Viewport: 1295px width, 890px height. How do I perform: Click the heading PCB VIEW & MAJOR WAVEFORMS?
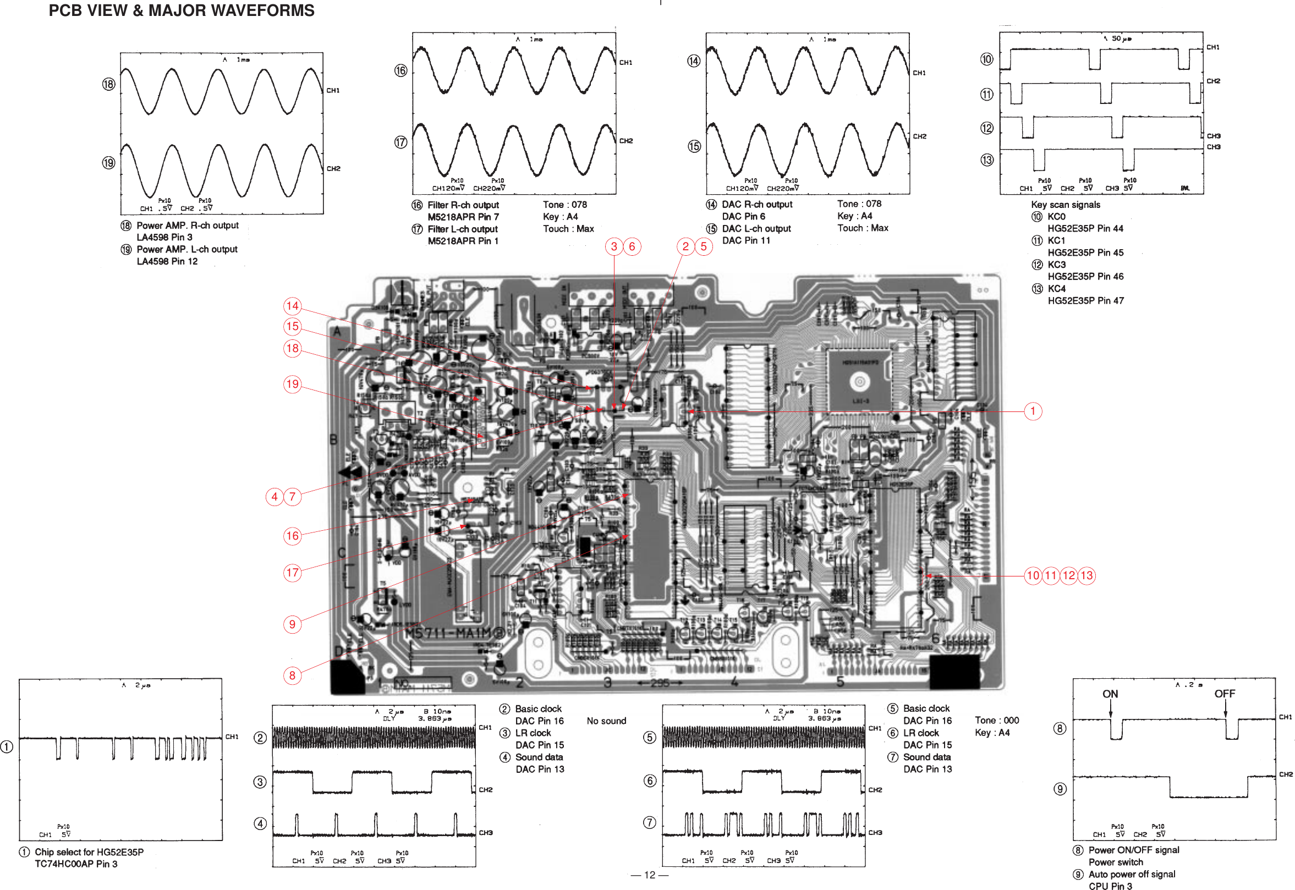(x=181, y=10)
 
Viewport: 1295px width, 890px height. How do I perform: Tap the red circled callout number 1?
(x=1033, y=411)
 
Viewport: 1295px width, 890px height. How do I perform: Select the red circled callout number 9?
(x=292, y=624)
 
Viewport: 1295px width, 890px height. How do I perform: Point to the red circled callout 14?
(x=292, y=306)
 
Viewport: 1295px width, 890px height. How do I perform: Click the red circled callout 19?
(x=292, y=384)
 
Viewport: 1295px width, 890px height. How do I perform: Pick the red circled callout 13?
(x=1086, y=575)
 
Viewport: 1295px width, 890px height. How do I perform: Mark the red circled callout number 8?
(x=292, y=675)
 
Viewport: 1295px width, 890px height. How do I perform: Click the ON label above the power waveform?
(x=1110, y=694)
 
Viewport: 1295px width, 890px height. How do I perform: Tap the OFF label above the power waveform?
(x=1224, y=694)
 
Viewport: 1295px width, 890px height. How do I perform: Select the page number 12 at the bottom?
(x=649, y=875)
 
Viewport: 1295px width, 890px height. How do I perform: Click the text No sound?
(x=606, y=721)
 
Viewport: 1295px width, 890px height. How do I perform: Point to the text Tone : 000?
(x=997, y=721)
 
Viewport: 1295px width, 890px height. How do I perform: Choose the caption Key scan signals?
(x=1065, y=205)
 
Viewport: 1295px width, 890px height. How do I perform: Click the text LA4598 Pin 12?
(x=167, y=261)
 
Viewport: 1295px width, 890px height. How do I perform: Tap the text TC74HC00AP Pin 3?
(x=76, y=864)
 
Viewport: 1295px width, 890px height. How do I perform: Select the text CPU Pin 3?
(x=1110, y=886)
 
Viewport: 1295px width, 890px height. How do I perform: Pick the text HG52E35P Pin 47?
(x=1085, y=300)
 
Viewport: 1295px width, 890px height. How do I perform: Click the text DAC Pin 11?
(x=745, y=240)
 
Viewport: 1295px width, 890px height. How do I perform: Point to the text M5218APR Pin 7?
(x=463, y=217)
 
